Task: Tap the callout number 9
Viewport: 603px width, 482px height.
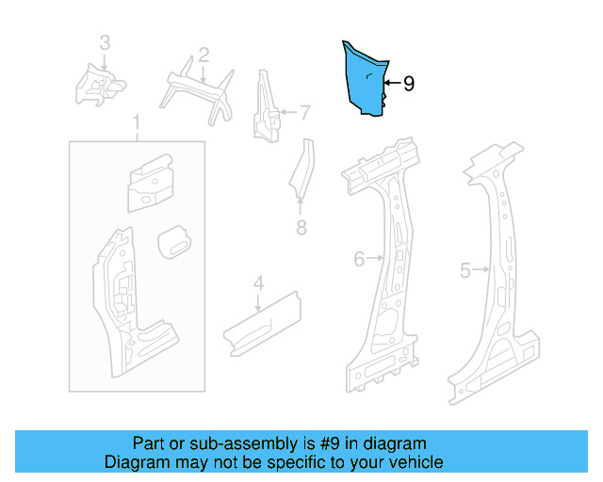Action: tap(409, 84)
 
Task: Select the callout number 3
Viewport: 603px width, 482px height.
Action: tap(105, 42)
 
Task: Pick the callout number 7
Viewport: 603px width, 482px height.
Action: tap(304, 114)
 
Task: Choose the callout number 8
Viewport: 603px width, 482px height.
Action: tap(301, 227)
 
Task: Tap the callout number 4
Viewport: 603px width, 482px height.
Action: tap(258, 282)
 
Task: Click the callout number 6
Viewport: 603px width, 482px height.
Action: tap(359, 259)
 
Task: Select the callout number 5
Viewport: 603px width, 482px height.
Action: tap(464, 271)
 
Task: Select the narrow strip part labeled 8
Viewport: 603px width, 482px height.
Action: tap(301, 170)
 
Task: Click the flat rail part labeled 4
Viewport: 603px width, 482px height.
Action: tap(260, 321)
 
